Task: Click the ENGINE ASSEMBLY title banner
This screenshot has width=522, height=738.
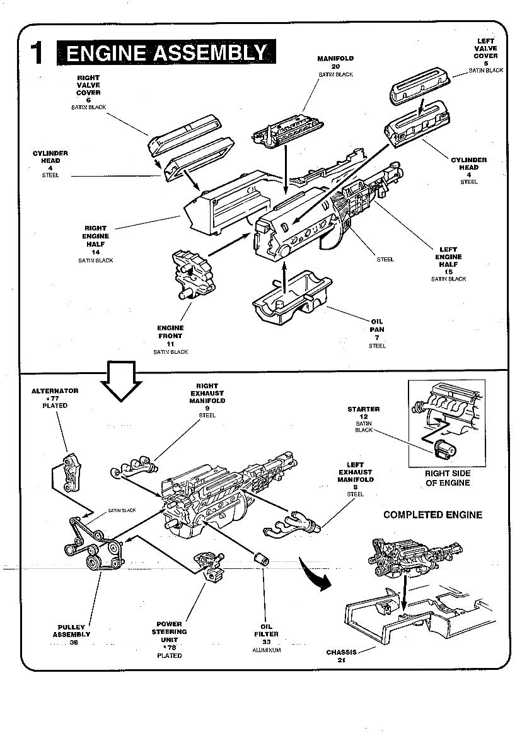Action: point(166,53)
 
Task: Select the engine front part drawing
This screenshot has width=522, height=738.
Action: point(192,275)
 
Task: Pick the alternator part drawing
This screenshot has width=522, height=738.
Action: point(71,472)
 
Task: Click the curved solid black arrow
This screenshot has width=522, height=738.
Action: point(316,575)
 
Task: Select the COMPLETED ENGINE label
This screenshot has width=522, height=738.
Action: point(432,515)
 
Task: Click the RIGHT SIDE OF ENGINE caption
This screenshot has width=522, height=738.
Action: point(447,478)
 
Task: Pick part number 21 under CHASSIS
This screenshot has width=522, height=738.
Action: point(340,660)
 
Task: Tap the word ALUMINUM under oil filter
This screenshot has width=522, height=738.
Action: point(266,650)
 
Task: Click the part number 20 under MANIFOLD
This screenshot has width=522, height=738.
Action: point(335,66)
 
